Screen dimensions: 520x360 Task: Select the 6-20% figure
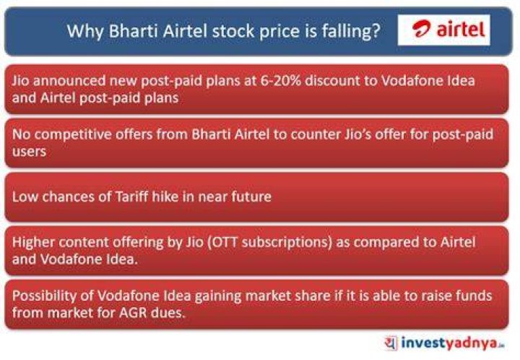click(280, 81)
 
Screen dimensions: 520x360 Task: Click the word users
click(29, 152)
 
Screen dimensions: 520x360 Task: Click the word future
click(251, 197)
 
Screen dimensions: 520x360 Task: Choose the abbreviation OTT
click(225, 242)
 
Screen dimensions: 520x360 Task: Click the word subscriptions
click(287, 243)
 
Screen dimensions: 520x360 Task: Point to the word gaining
click(218, 296)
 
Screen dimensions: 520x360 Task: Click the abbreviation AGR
click(131, 313)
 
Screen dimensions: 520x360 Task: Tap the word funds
click(474, 296)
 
